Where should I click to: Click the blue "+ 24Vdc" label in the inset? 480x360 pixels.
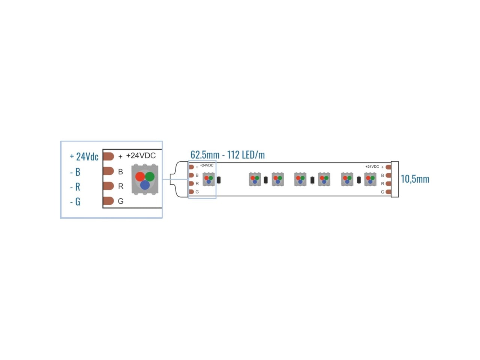click(84, 157)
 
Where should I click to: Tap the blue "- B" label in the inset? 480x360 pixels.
click(75, 172)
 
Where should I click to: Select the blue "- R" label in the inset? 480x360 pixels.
click(75, 187)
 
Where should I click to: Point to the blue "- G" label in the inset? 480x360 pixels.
click(75, 201)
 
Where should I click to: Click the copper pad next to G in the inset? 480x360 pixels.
click(108, 201)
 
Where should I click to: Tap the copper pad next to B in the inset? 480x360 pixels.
click(108, 171)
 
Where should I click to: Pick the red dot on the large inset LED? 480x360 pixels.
click(140, 176)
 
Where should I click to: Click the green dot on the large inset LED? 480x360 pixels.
click(150, 176)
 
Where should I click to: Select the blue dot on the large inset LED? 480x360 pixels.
click(145, 185)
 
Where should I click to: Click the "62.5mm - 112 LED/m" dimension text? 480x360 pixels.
click(227, 155)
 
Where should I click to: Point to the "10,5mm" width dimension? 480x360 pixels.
click(415, 179)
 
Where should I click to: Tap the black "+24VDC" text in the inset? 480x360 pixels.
click(141, 155)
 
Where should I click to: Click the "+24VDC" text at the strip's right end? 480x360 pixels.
click(372, 166)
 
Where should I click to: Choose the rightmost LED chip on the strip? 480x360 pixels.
click(370, 179)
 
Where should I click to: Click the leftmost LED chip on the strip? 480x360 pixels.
click(208, 179)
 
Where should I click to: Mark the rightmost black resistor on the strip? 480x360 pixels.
click(358, 180)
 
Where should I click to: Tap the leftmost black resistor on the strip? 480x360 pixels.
click(219, 180)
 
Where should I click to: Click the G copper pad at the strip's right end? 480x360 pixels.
click(388, 192)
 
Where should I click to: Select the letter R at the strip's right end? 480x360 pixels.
click(382, 184)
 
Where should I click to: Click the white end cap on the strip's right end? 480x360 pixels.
click(395, 179)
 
